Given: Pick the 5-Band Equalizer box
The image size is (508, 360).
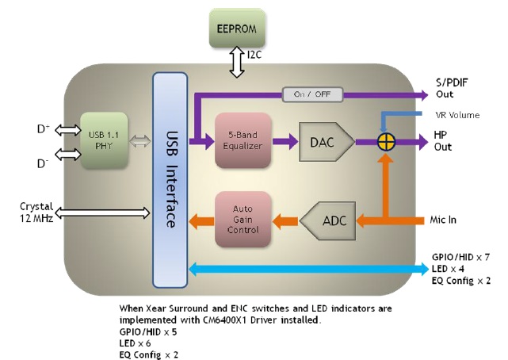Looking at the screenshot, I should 243,141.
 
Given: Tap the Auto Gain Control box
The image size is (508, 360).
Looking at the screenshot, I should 243,217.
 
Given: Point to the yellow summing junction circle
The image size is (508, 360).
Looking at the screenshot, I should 385,142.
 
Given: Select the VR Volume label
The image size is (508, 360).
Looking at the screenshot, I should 456,114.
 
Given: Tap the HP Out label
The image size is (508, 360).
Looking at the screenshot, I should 443,142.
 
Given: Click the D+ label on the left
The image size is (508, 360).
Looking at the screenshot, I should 43,128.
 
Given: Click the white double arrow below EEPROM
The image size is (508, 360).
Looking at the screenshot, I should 236,62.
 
